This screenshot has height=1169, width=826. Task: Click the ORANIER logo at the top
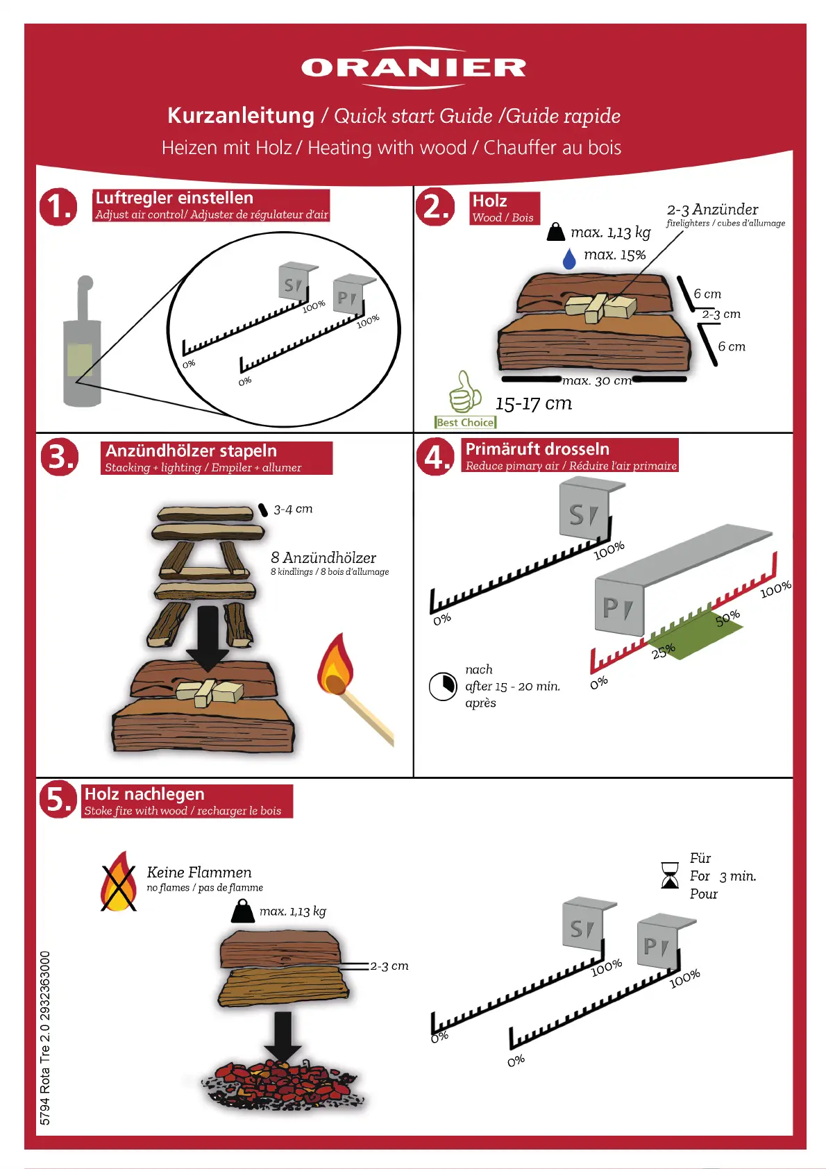pos(414,67)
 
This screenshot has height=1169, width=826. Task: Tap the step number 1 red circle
pos(59,206)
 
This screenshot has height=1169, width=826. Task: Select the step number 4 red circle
pos(435,457)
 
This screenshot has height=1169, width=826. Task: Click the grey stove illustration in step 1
pos(82,347)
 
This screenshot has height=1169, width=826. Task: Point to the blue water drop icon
pos(569,258)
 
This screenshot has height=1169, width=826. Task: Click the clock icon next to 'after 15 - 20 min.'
pos(442,687)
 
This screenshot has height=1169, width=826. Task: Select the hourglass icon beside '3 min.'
pos(670,875)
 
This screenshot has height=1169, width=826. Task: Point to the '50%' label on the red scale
pos(727,617)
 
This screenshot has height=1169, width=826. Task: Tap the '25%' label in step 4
pos(663,650)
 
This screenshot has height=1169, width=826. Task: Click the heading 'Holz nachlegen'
pos(144,794)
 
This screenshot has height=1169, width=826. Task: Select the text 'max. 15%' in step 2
pos(614,255)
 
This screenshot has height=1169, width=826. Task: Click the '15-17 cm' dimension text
pos(533,403)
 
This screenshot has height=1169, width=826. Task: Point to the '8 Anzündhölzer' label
pos(323,557)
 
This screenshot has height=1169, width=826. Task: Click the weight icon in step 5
pos(242,911)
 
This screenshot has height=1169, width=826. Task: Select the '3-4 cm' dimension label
pos(293,509)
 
